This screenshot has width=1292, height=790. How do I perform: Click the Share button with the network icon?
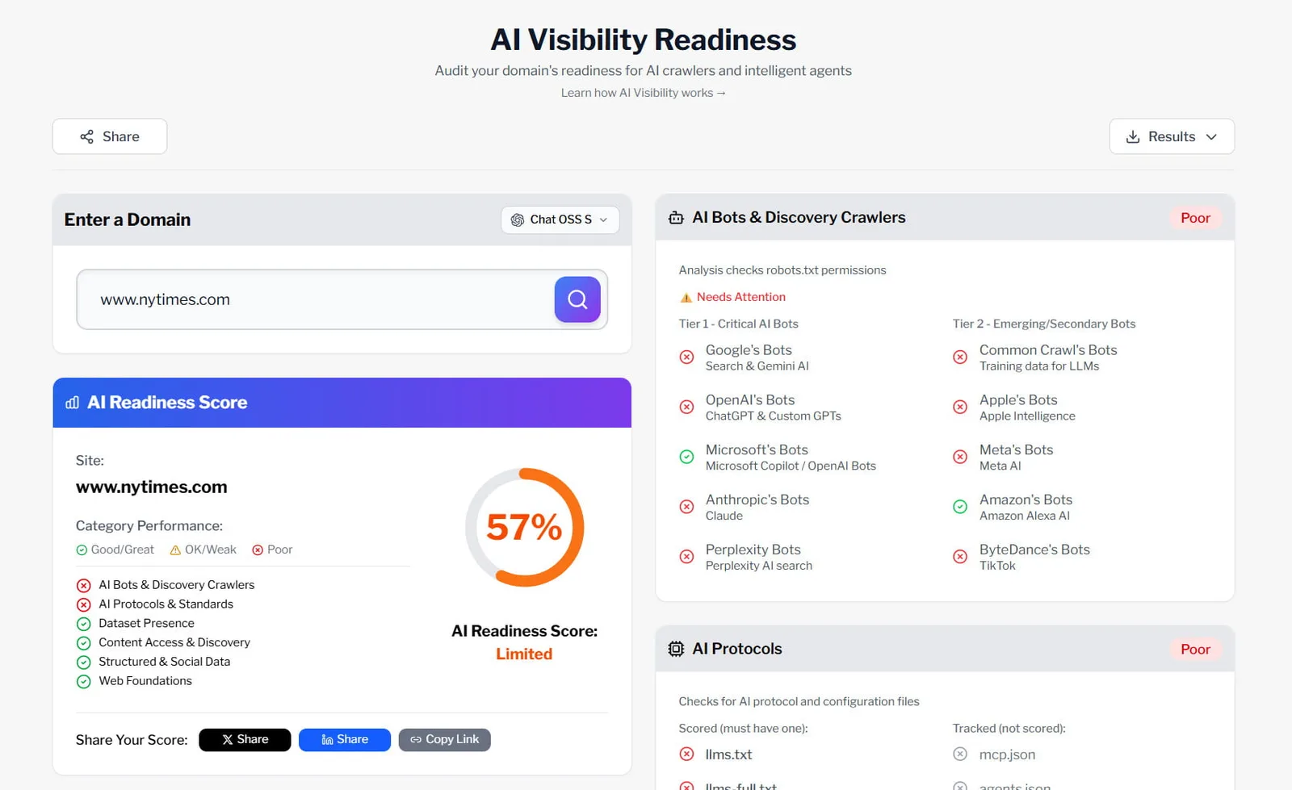click(x=110, y=136)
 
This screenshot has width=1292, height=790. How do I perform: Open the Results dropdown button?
click(x=1171, y=136)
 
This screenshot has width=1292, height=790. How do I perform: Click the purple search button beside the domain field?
click(x=577, y=299)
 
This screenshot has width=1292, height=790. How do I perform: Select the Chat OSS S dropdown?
click(x=560, y=219)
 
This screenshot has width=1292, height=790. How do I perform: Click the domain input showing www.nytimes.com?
click(x=315, y=299)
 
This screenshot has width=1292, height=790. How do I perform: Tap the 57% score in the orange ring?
click(x=524, y=528)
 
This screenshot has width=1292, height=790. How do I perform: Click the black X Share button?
click(x=245, y=739)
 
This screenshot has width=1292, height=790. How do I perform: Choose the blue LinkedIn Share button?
click(x=345, y=739)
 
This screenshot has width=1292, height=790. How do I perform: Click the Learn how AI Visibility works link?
click(x=643, y=93)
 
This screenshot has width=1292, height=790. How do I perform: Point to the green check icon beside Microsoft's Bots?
click(x=686, y=457)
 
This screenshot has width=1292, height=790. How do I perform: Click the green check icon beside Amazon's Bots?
click(x=960, y=507)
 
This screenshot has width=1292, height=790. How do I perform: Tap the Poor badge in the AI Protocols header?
click(x=1195, y=649)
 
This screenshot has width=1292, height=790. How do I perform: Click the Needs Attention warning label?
click(x=740, y=297)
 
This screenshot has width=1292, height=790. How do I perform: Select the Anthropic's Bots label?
click(x=757, y=499)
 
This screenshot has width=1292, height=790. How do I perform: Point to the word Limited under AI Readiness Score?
click(x=524, y=654)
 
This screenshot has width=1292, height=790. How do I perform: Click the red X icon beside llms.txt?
click(x=686, y=754)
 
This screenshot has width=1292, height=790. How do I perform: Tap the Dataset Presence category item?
click(x=146, y=623)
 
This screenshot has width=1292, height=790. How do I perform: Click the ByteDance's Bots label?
click(x=1034, y=550)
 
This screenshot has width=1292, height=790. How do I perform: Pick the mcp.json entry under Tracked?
click(x=1007, y=754)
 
